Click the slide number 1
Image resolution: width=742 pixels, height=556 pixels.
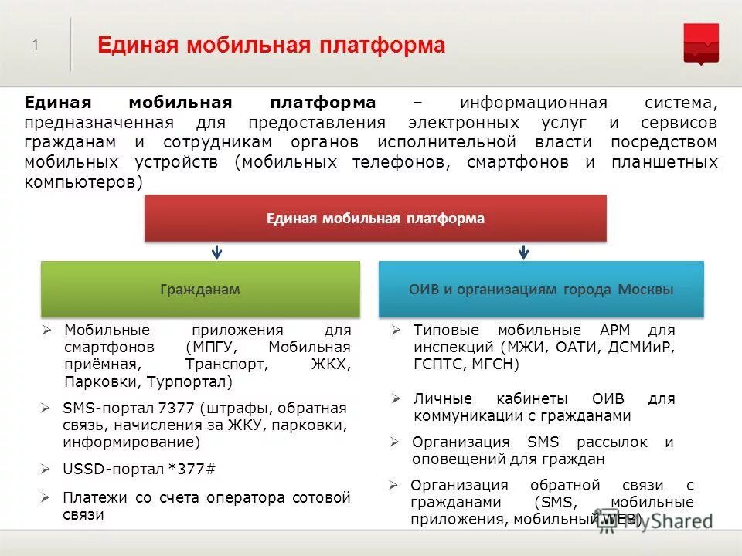[36, 46]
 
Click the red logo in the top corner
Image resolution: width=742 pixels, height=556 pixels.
[701, 43]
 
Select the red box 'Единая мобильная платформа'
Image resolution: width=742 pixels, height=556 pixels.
[376, 219]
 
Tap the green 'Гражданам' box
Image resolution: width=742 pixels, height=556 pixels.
[200, 290]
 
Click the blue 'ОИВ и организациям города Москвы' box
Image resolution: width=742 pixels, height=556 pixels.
[541, 290]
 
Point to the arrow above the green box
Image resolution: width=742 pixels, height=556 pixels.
[217, 252]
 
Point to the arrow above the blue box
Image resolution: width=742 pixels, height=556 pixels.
[523, 252]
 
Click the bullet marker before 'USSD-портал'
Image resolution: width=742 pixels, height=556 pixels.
[46, 469]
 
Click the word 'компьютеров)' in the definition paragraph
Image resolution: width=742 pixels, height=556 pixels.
[83, 182]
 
